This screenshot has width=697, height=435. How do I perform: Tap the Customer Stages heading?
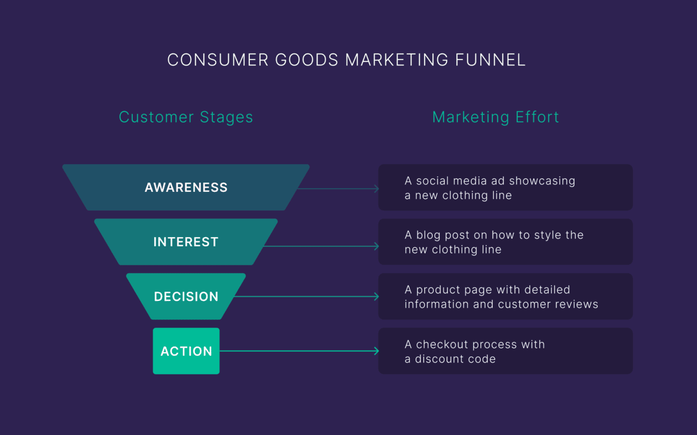(186, 117)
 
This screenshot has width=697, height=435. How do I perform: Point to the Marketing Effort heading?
(496, 117)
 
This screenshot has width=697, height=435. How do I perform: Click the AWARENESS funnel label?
(186, 188)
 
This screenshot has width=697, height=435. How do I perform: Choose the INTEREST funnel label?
(186, 242)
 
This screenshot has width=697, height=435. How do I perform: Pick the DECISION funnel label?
(186, 297)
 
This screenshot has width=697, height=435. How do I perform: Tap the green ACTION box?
(186, 351)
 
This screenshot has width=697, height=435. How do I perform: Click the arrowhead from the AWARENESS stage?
(376, 189)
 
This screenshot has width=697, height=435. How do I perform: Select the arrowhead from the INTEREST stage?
(376, 246)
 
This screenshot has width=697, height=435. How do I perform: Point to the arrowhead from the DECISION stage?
(376, 297)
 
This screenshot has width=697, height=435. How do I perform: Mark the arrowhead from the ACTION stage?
(376, 351)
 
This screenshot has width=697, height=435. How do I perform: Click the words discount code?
(455, 359)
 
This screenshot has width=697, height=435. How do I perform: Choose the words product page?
(449, 290)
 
